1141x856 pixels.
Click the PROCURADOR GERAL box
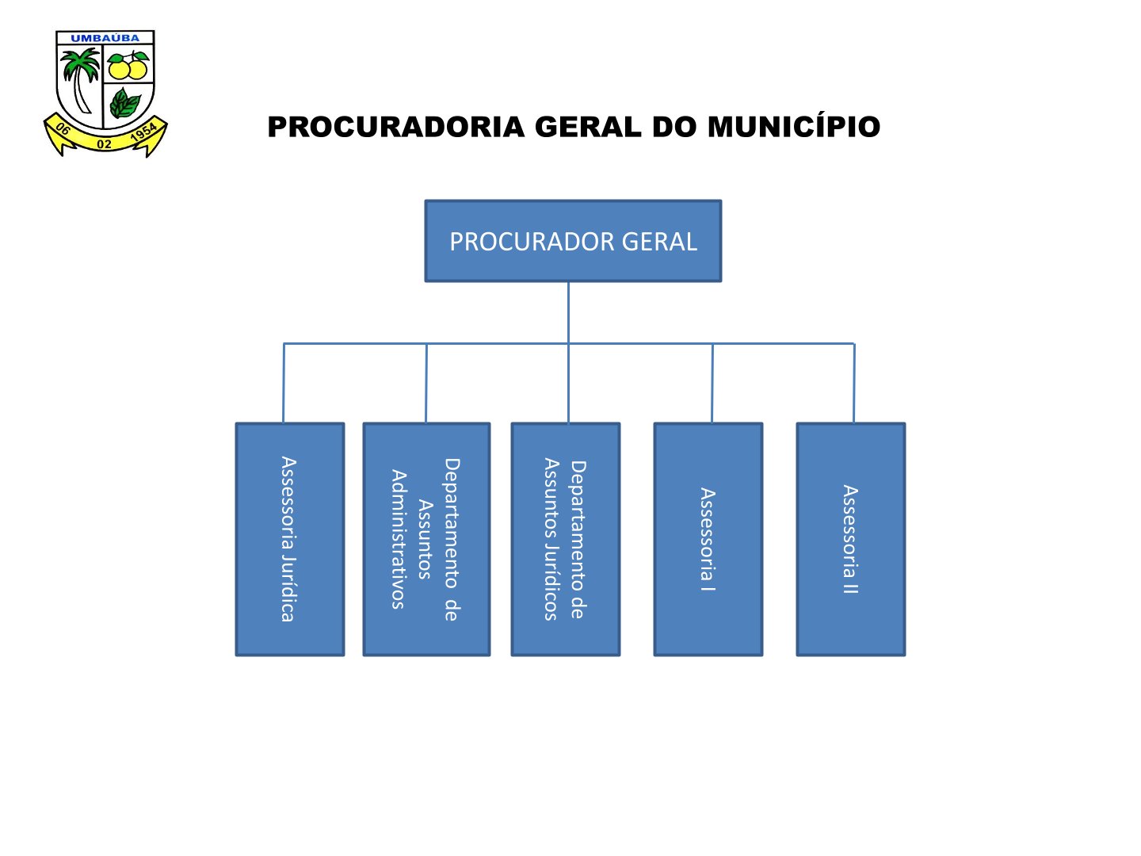tap(573, 241)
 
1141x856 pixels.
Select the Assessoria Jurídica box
tap(290, 539)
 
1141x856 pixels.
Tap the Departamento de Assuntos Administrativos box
tap(426, 539)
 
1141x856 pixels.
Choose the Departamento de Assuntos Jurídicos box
tap(566, 539)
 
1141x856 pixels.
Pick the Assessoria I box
tap(708, 539)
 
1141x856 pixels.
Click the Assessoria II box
tap(851, 539)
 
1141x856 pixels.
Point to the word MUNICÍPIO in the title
tap(794, 126)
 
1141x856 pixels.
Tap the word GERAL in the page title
tap(587, 128)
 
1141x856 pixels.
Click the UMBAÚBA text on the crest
tap(105, 39)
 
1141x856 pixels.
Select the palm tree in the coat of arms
tap(80, 79)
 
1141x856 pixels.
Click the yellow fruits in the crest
tap(128, 66)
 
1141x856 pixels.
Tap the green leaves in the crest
tap(124, 103)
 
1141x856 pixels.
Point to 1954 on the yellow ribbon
tap(143, 132)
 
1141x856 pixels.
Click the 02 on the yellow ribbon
tap(104, 144)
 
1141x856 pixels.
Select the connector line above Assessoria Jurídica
tap(284, 383)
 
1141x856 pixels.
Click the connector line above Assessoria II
tap(854, 383)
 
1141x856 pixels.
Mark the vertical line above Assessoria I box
tap(712, 383)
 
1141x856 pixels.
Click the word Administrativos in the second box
tap(399, 539)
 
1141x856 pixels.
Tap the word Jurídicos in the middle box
tap(551, 582)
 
